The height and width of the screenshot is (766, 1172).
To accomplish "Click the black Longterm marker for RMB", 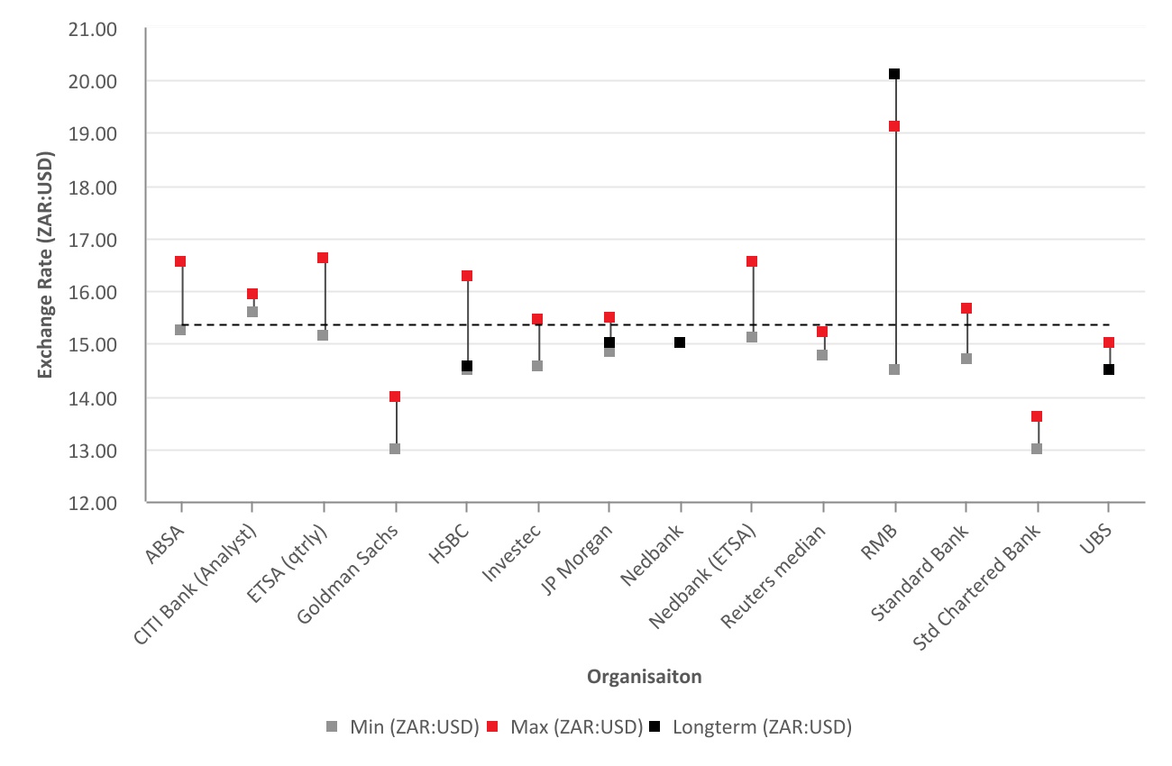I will tap(894, 74).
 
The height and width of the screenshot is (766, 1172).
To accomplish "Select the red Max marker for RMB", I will tap(894, 126).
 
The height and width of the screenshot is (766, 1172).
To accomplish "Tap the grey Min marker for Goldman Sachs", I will tap(395, 449).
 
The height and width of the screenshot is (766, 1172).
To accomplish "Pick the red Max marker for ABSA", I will tap(180, 261).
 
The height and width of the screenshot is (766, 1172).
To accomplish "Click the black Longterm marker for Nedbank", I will tap(680, 342).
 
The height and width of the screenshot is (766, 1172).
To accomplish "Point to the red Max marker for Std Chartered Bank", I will tap(1037, 416).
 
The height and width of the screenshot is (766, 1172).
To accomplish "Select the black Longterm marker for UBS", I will tap(1109, 369).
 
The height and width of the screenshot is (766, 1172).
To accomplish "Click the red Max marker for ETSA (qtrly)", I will tap(323, 258).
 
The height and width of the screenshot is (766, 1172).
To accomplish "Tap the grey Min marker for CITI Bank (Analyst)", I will tap(252, 312).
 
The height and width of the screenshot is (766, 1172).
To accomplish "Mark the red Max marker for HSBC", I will tap(467, 276).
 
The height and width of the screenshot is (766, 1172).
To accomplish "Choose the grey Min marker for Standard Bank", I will tap(966, 359).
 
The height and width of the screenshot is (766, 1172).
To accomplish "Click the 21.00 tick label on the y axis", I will tap(93, 29).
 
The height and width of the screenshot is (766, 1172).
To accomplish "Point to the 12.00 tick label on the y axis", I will tap(93, 503).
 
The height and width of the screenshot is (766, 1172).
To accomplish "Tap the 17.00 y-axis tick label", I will tap(93, 240).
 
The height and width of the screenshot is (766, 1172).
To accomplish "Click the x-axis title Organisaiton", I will tap(644, 677).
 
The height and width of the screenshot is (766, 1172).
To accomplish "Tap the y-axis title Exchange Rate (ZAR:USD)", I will tap(45, 266).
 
